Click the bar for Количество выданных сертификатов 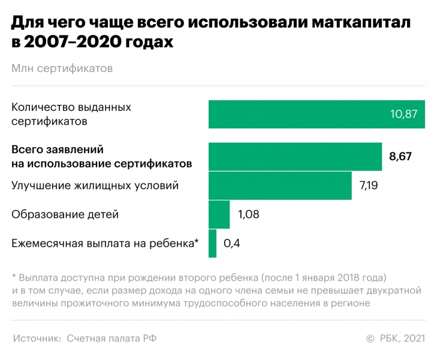317,114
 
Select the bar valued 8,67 295,157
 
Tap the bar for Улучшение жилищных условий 280,185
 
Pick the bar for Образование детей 219,214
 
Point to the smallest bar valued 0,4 212,243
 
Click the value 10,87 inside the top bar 403,114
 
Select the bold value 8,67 400,157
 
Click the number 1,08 248,214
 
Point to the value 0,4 231,243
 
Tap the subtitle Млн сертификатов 62,69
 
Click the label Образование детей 65,214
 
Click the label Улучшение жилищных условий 95,185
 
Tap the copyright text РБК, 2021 402,338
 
